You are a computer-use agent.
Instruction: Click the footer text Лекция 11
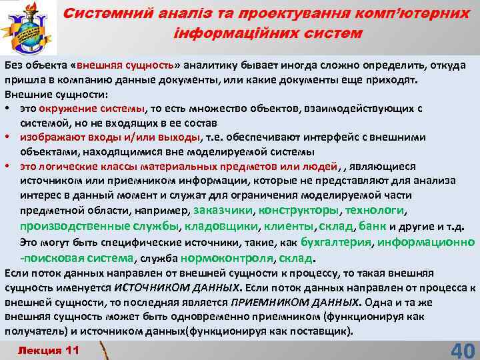(x=49, y=350)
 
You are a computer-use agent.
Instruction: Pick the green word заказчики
(x=223, y=210)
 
